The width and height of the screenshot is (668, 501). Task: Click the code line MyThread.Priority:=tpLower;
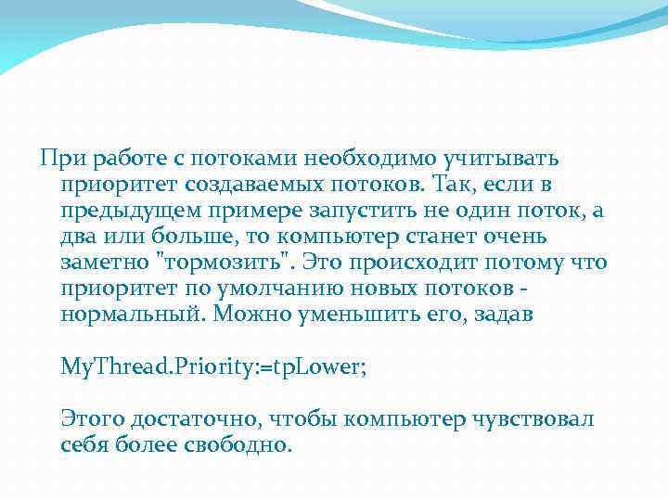pos(213,366)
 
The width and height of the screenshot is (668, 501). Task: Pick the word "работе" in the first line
pos(121,160)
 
